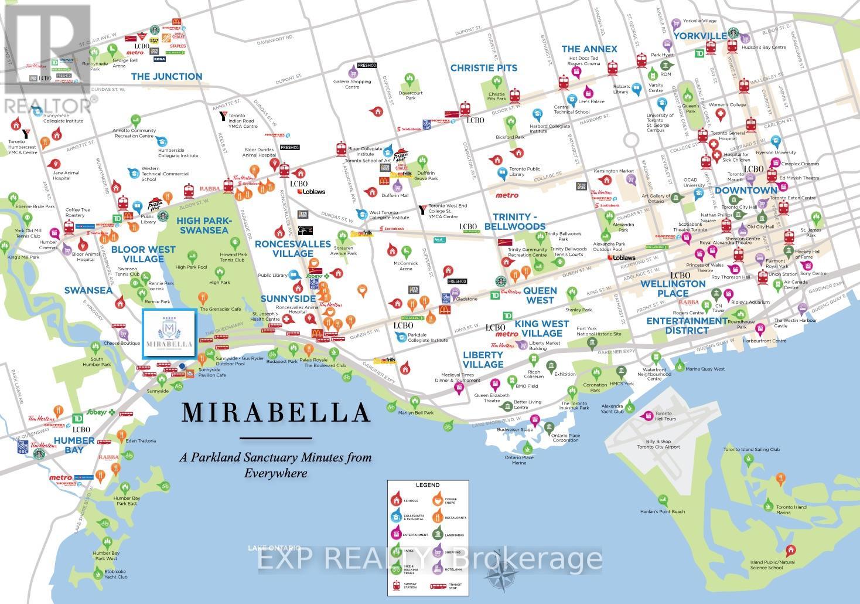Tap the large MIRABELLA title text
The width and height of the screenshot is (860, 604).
click(276, 413)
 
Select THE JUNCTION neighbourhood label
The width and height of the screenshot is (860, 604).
click(166, 76)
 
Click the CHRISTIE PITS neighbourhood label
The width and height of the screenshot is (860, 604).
click(483, 68)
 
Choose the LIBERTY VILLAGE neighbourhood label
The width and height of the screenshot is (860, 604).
click(483, 359)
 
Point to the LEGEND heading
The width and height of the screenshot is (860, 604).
click(427, 486)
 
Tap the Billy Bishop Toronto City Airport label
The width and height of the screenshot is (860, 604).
click(658, 443)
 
